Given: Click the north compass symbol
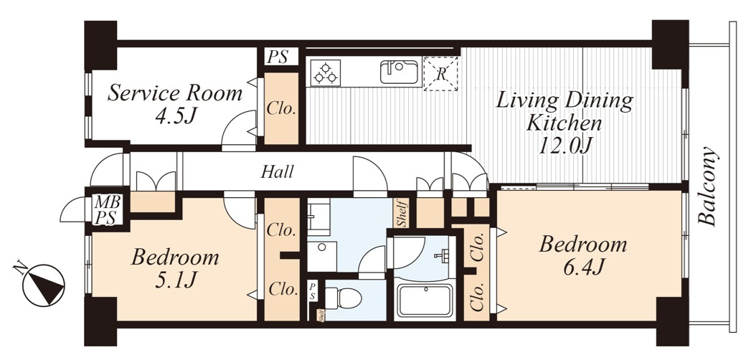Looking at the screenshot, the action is (43, 284).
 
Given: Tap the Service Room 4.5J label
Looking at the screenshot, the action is (174, 104).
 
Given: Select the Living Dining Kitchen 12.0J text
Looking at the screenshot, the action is (564, 123).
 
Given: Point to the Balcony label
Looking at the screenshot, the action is (708, 186).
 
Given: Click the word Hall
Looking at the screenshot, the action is (277, 171).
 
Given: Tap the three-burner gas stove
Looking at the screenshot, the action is (326, 72).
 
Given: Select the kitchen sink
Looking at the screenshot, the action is (400, 72).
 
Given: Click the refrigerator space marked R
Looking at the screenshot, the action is (440, 74).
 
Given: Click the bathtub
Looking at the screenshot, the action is (424, 300).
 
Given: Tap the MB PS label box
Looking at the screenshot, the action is (107, 209).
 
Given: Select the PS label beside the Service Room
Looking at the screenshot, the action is (278, 57).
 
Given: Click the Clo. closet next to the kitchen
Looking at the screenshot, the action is (282, 108).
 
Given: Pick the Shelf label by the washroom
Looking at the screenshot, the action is (402, 212).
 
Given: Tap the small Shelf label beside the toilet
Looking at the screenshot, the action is (321, 316).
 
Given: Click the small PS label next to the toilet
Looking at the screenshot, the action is (313, 292).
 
